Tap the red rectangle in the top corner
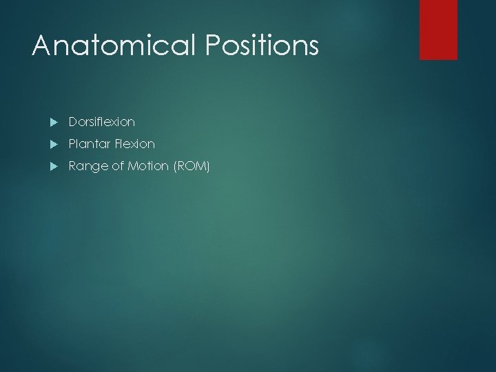pos(438,30)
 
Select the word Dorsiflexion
pos(101,122)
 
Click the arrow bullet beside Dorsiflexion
pos(54,122)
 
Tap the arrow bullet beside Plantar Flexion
pos(54,144)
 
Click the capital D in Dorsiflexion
pos(72,122)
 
